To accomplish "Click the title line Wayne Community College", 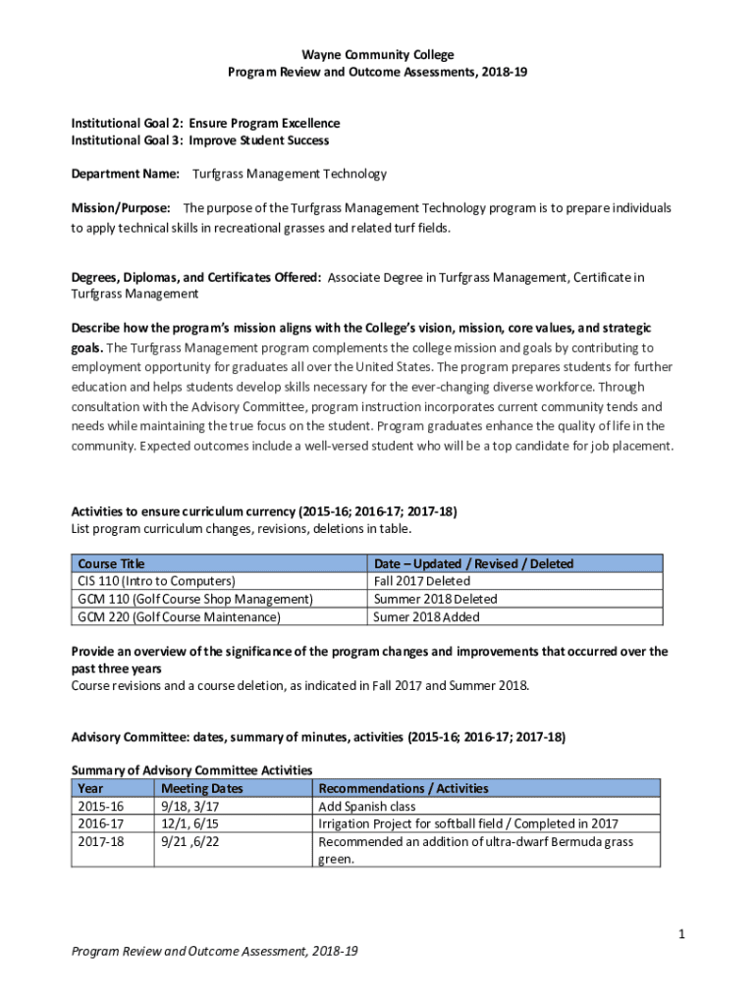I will point(378,55).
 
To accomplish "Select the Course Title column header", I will point(111,563).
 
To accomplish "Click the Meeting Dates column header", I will point(201,788).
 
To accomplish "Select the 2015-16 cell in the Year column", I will point(100,807).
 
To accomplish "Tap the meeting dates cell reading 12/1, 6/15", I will point(189,824).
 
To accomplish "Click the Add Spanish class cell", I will point(367,807).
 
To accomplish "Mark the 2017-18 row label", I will point(100,842).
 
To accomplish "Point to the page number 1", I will point(680,934).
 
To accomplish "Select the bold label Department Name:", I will point(125,174).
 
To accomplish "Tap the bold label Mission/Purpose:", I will point(121,208).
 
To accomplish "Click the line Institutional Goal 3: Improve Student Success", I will point(199,140).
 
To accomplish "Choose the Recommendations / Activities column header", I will point(404,788).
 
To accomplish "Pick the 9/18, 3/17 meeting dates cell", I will point(189,807).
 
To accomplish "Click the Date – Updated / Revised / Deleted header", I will point(473,563).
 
